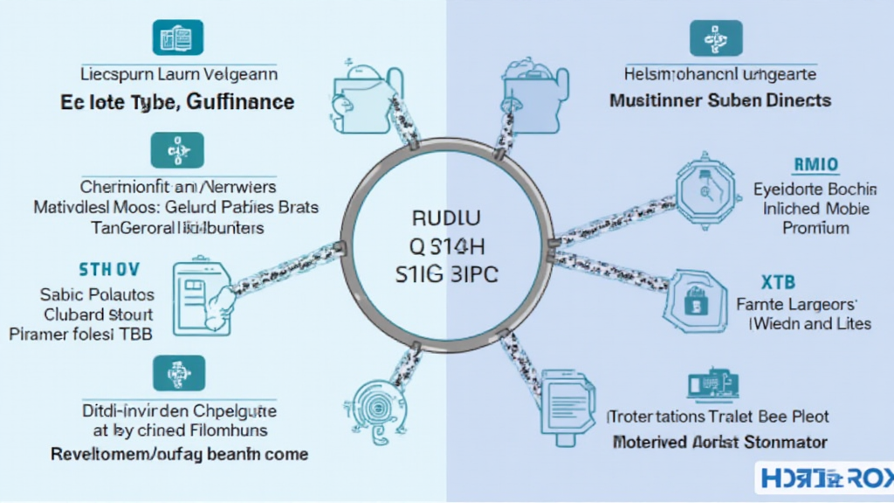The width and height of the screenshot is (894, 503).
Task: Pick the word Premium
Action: coord(816,228)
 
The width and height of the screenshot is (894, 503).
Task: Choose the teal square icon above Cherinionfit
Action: coord(177,151)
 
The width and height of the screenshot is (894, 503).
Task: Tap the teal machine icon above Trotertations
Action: coord(713,384)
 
